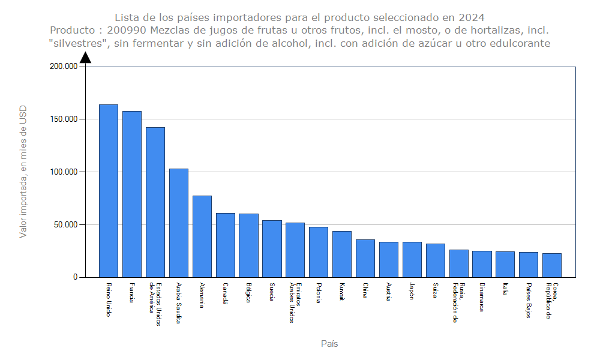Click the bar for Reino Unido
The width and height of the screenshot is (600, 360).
109,191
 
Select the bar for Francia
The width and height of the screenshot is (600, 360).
132,194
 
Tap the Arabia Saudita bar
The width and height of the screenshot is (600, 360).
179,223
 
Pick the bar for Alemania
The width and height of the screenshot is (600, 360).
202,236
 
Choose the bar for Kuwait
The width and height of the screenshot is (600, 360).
342,254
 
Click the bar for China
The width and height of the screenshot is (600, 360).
365,258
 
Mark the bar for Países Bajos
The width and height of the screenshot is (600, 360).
529,265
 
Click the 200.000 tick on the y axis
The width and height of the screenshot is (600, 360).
64,67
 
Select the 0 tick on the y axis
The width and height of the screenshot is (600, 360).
76,277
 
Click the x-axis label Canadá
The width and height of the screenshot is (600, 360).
225,293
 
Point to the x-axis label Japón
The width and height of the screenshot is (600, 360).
412,292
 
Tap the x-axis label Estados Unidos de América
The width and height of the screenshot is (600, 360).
155,304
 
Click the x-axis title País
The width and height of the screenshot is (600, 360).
329,344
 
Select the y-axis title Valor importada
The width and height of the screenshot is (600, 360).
23,172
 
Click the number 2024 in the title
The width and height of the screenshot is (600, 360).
472,17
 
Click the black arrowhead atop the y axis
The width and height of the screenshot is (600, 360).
86,57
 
